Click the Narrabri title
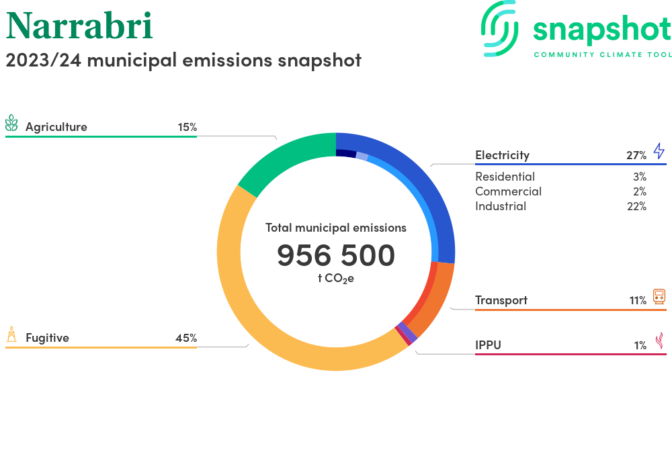tap(79, 26)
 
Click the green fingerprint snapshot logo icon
tap(499, 28)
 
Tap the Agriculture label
tap(56, 127)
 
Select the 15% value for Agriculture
tap(187, 127)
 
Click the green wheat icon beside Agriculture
tap(11, 123)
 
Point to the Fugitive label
tap(47, 338)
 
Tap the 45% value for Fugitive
tap(186, 338)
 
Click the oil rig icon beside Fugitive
tap(11, 334)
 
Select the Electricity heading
tap(502, 155)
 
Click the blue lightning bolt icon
tap(659, 151)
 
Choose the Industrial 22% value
tap(636, 206)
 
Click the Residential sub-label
tap(505, 177)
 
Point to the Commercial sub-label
tap(508, 191)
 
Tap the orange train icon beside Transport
tap(659, 296)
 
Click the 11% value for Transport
tap(638, 301)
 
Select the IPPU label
tap(488, 345)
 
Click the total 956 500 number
tap(336, 255)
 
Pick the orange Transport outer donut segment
tap(438, 300)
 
